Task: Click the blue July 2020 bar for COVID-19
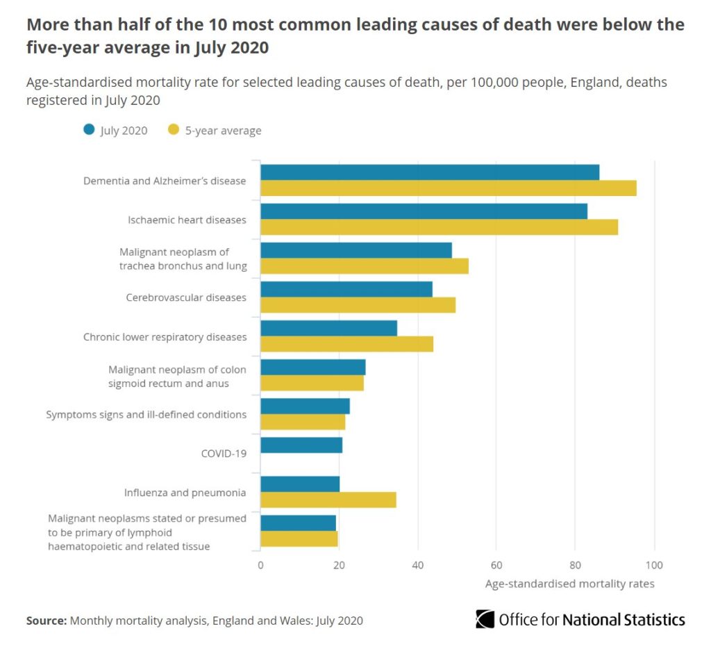coord(301,445)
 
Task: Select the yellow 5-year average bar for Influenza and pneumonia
coord(328,500)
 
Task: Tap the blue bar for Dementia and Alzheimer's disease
coord(430,172)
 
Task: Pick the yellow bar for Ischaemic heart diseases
coord(439,227)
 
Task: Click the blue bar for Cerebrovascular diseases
coord(346,289)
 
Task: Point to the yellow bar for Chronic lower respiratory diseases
coord(346,344)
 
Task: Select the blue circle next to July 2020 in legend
coord(88,130)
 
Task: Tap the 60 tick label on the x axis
coord(496,565)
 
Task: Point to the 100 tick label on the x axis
coord(654,565)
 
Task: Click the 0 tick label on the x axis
coord(260,565)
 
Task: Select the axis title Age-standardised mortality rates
coord(569,584)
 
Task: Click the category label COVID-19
coord(224,454)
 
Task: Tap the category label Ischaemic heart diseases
coord(187,220)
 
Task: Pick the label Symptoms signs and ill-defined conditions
coord(146,414)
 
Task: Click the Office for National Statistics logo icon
coord(485,619)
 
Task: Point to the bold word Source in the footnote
coord(46,620)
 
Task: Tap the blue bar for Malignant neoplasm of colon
coord(312,367)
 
